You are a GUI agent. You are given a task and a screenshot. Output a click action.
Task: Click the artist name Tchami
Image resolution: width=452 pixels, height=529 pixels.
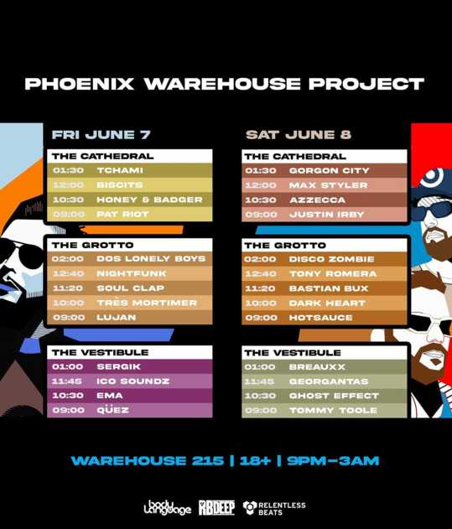[x=120, y=170]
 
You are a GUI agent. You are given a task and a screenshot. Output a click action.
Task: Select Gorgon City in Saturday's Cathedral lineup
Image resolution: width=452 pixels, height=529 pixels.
[x=329, y=170]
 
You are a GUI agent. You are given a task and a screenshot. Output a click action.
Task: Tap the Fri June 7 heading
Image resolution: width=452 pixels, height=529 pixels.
[x=101, y=135]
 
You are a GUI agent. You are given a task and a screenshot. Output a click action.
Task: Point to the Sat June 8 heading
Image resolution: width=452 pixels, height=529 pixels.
[x=299, y=135]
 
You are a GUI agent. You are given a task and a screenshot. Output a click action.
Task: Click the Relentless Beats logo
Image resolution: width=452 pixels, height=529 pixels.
[x=274, y=508]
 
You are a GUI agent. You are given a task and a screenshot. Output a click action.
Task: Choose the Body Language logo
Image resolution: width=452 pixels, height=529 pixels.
[x=167, y=507]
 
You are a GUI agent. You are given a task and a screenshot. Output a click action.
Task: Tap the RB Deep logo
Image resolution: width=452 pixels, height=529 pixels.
[x=216, y=507]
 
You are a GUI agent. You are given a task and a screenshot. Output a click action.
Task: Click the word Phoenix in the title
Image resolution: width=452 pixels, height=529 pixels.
[x=80, y=84]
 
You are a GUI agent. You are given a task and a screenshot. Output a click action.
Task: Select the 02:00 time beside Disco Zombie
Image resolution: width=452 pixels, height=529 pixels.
[x=260, y=259]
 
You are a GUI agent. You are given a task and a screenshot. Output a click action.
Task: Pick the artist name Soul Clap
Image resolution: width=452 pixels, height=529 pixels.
[x=130, y=288]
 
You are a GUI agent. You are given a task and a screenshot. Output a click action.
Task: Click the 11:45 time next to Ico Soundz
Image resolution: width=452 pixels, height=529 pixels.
[x=67, y=381]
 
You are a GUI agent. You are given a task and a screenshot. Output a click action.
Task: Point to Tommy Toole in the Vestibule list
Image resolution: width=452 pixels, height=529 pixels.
[x=333, y=410]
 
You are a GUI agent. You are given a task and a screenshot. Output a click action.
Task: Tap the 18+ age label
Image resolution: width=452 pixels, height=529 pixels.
[x=255, y=461]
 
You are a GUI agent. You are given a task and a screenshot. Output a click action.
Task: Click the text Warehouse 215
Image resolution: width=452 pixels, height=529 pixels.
[x=148, y=461]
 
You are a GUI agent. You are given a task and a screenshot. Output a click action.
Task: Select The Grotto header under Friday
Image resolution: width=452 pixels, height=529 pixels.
[x=92, y=245]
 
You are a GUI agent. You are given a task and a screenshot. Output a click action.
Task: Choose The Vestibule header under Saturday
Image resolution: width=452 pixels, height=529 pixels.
[x=293, y=353]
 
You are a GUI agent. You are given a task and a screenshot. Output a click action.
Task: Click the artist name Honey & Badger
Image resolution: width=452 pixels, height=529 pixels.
[x=149, y=200]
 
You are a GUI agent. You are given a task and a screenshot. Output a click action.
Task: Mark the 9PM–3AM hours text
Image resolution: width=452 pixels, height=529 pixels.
[x=333, y=461]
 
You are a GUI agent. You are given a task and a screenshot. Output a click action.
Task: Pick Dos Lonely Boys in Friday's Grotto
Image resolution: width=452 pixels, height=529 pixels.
[x=151, y=259]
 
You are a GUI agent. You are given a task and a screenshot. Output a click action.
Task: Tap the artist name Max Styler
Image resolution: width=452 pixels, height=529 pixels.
[x=328, y=185]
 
